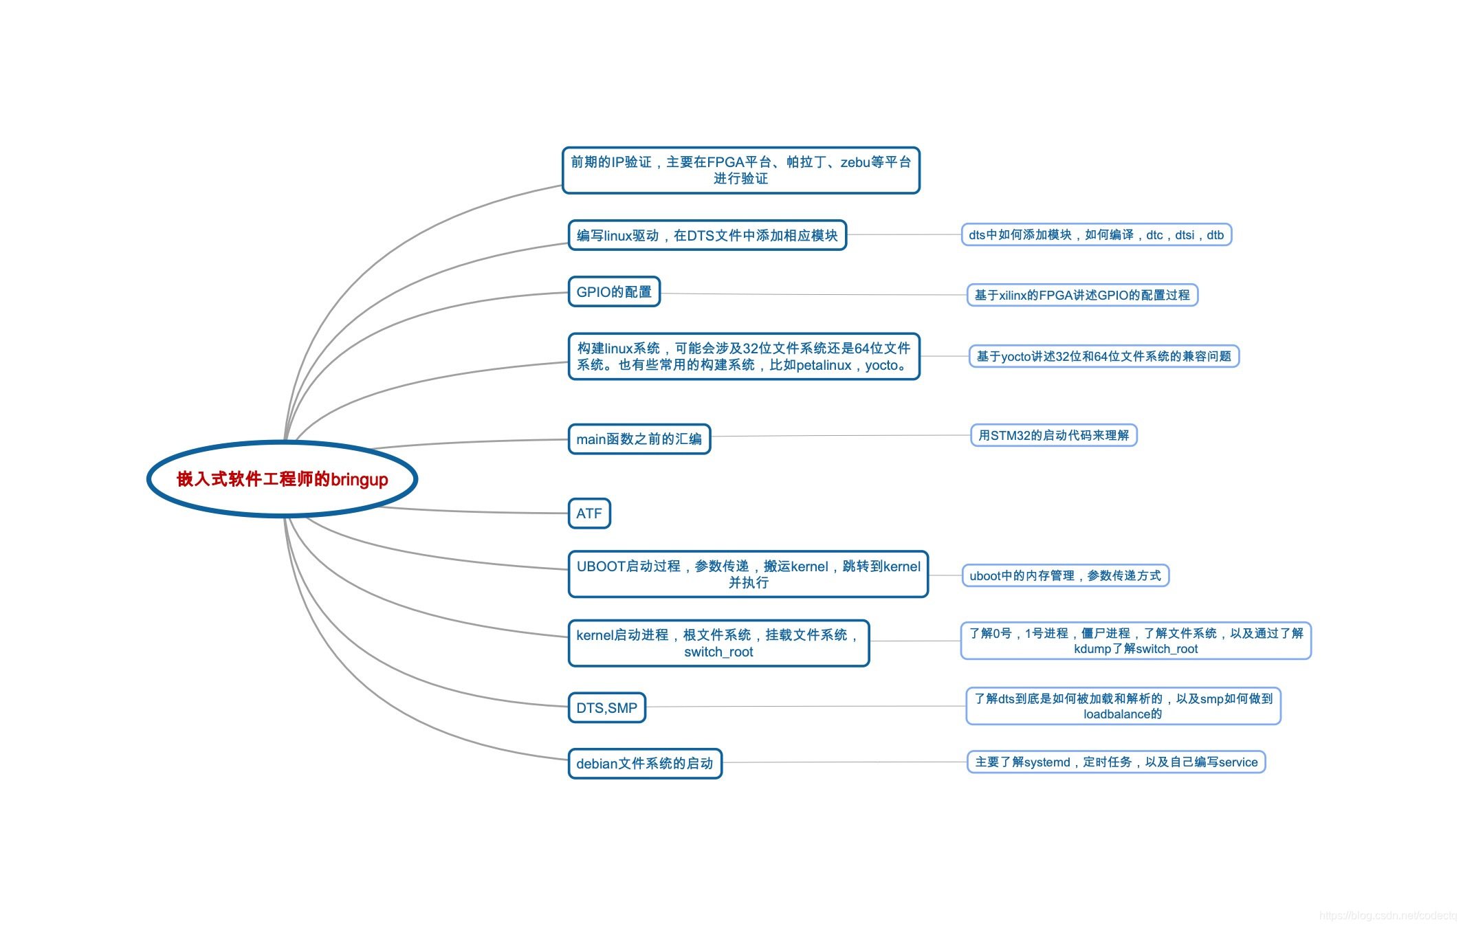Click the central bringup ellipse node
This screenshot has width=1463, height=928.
[282, 479]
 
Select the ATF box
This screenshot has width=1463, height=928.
[589, 513]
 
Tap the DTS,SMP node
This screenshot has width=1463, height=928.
[606, 707]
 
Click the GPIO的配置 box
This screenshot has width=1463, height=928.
[614, 291]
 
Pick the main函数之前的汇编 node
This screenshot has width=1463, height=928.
[639, 439]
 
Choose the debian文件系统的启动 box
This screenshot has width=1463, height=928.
[645, 763]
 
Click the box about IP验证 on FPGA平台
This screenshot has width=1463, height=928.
[740, 170]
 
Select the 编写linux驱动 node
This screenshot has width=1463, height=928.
[707, 235]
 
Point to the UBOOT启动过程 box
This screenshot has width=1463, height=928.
[748, 574]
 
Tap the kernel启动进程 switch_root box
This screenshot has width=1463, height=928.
[718, 643]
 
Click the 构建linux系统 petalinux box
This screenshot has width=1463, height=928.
[743, 356]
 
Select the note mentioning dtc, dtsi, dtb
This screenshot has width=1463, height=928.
[1096, 235]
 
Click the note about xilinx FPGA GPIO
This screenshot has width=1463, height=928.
[1082, 295]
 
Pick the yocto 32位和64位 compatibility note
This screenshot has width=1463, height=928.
[1103, 356]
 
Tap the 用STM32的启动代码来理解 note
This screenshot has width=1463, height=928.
[1053, 435]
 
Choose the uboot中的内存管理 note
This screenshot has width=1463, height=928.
[1065, 575]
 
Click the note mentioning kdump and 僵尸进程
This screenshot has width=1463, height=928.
[1136, 641]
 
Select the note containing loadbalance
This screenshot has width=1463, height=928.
[1123, 706]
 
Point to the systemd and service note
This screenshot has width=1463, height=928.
[1116, 762]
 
